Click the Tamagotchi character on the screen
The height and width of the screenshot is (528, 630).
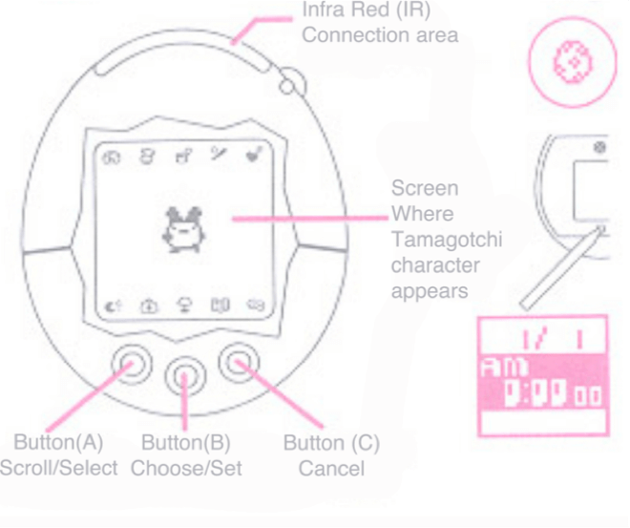[178, 230]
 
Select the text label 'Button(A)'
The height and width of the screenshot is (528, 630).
[58, 444]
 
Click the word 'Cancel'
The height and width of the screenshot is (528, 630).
[330, 468]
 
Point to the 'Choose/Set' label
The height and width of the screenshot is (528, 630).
[186, 468]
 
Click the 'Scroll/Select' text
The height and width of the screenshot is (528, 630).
[59, 468]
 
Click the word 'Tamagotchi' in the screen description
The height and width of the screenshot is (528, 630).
[446, 240]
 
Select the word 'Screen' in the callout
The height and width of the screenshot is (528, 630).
[425, 189]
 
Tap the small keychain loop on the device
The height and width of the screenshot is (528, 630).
[287, 86]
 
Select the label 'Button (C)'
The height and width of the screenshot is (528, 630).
[331, 444]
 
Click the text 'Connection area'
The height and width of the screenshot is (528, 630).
[380, 35]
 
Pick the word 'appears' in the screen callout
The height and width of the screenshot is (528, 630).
[430, 290]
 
